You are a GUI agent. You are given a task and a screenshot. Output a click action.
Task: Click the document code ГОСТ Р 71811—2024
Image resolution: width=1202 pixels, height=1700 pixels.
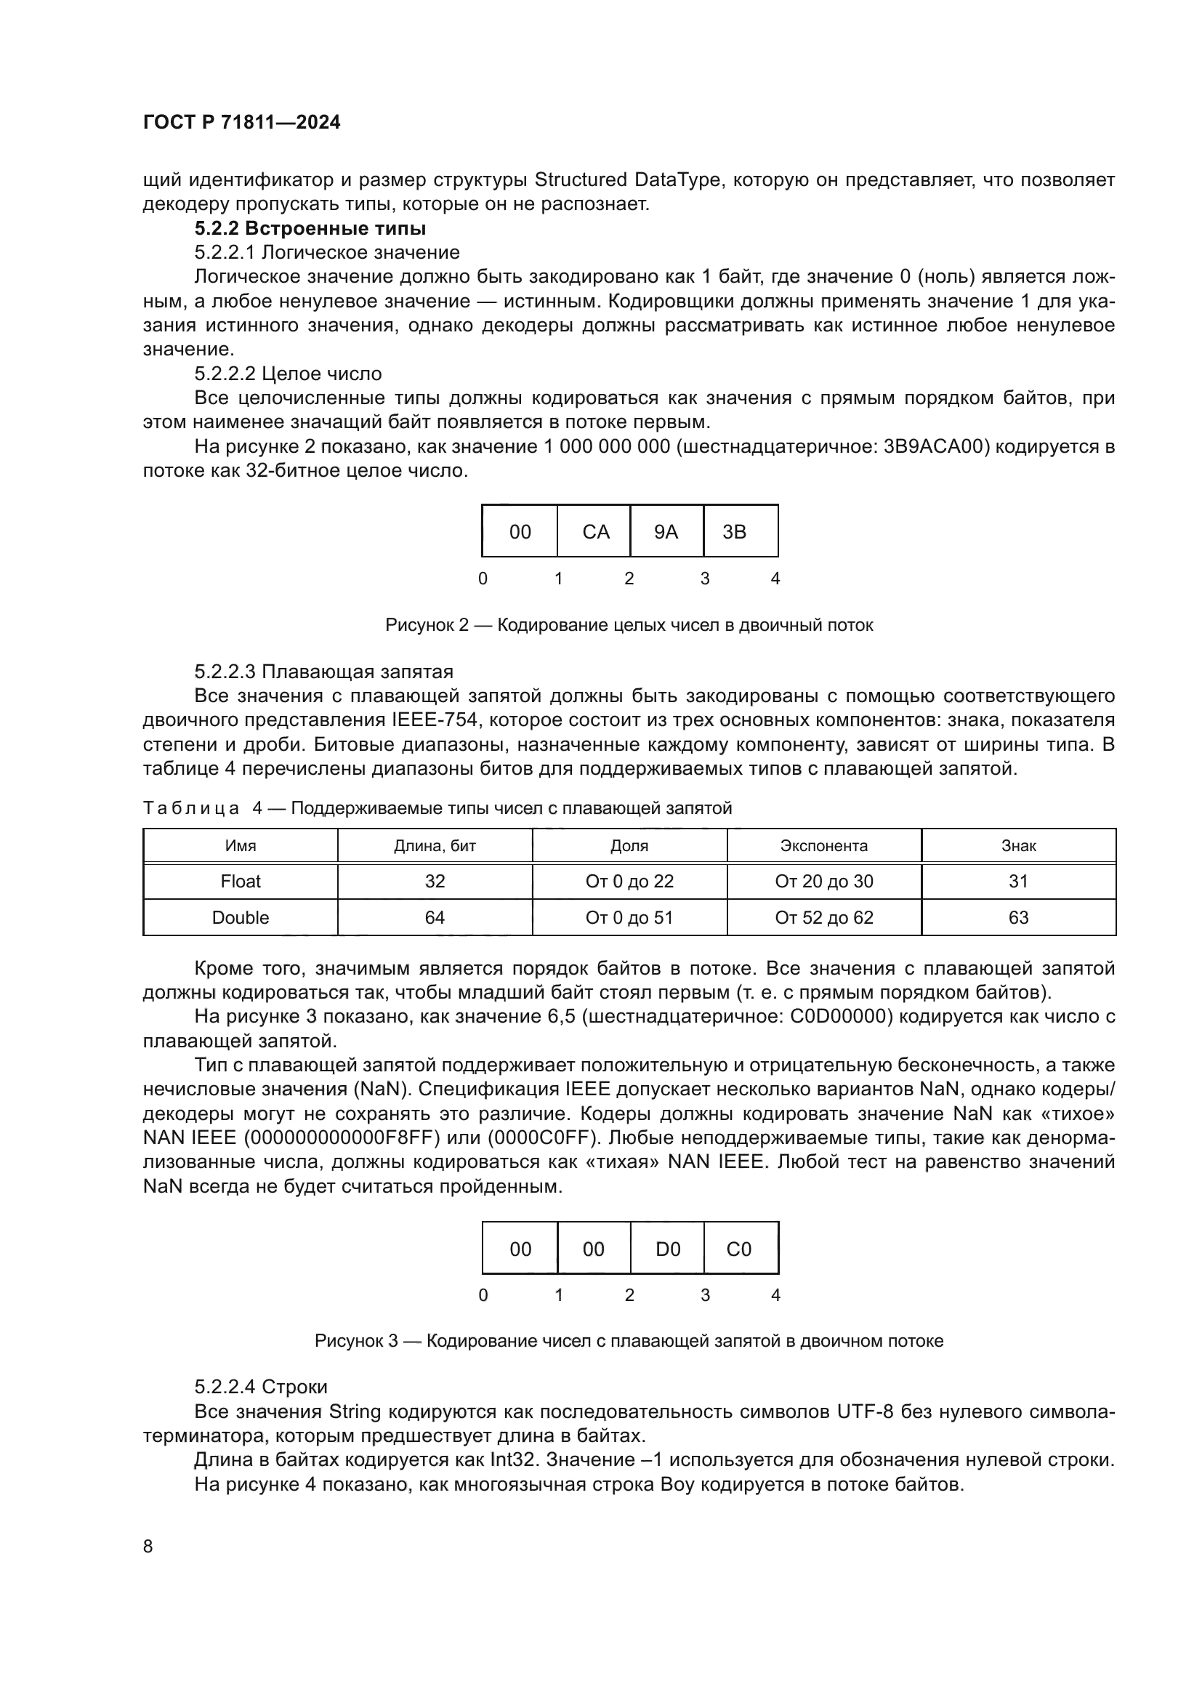pos(241,123)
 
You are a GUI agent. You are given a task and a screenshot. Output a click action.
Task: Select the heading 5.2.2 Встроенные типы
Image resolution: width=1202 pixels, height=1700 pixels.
pos(310,228)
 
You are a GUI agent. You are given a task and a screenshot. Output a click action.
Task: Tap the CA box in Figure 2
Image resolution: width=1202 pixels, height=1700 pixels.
pos(595,531)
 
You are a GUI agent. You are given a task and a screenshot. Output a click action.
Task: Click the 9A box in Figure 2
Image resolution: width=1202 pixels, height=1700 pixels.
pos(666,531)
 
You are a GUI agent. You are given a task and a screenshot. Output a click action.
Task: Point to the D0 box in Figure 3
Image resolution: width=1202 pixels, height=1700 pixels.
pos(668,1249)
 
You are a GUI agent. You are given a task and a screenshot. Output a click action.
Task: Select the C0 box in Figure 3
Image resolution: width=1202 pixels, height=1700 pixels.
pos(738,1249)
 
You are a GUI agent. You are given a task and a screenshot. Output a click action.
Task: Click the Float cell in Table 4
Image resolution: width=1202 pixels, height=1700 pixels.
pos(241,881)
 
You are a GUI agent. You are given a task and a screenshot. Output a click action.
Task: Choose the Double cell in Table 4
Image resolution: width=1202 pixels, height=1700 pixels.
pos(241,917)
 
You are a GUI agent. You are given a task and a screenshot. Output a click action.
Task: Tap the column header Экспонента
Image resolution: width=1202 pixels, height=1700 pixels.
pos(824,845)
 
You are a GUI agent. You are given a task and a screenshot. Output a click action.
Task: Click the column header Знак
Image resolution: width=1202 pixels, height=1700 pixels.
pos(1018,845)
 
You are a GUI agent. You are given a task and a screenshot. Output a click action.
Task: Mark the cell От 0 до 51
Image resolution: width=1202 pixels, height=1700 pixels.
pos(629,917)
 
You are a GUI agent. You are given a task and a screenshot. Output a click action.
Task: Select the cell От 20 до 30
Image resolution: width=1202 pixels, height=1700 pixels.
pos(824,881)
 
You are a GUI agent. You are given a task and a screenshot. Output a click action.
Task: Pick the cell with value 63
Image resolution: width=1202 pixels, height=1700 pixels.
pos(1018,917)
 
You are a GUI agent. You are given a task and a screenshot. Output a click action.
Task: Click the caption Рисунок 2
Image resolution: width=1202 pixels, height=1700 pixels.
pos(629,625)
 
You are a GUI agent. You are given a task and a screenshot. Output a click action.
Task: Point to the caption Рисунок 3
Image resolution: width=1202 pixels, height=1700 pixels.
pos(629,1341)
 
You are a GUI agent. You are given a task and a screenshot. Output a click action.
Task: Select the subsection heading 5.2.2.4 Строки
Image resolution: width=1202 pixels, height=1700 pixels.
pos(261,1387)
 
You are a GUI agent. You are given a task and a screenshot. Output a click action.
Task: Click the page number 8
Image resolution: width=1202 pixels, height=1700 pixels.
pos(148,1547)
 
